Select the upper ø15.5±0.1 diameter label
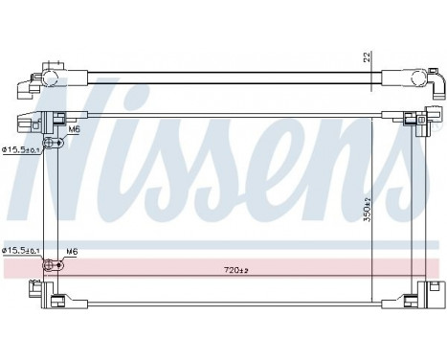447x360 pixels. tap(19, 149)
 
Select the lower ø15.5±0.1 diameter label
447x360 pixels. tap(19, 251)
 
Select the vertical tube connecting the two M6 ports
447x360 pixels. tap(57, 201)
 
